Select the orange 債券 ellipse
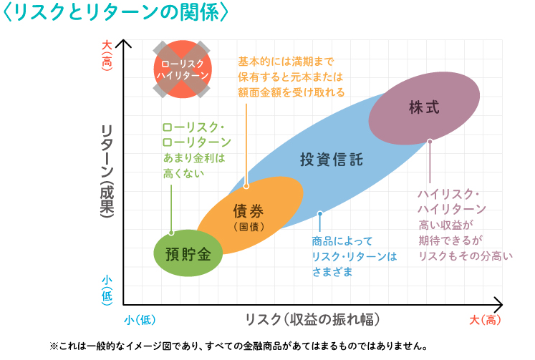tap(249, 215)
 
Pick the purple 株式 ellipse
tap(424, 107)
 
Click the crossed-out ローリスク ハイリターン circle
tap(183, 69)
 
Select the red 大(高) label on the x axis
tap(486, 319)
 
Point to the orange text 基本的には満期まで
tap(286, 62)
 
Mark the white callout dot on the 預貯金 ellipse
tap(171, 233)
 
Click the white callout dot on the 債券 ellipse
tap(246, 186)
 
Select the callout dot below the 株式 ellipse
tap(430, 142)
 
